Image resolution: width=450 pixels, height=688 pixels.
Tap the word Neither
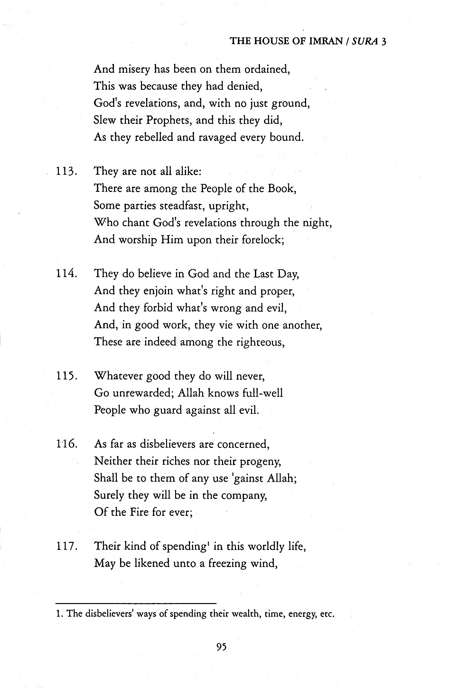point(112,462)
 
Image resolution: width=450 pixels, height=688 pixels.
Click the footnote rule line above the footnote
point(136,603)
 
